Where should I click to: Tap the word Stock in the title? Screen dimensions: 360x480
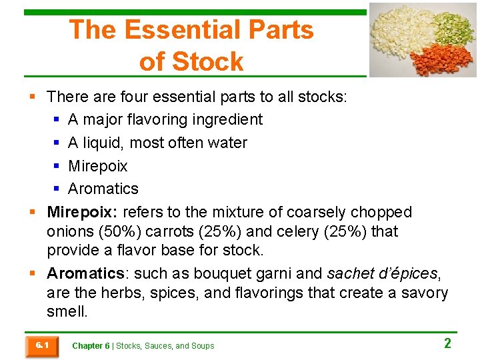208,61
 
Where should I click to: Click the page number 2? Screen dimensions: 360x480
447,344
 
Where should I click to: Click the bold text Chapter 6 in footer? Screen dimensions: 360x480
91,346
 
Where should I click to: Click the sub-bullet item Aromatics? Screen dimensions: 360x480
103,189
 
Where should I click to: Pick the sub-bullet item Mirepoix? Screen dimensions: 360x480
97,166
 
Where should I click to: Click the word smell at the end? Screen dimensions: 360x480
67,311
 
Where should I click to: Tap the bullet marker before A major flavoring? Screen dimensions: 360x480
57,120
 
